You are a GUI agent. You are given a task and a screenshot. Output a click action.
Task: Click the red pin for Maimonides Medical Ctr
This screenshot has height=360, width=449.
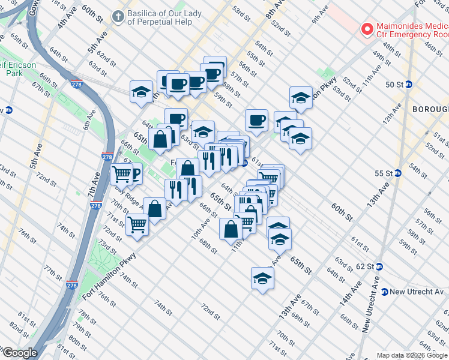(x=365, y=29)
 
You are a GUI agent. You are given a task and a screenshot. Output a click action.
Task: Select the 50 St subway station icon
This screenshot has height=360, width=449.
(x=409, y=85)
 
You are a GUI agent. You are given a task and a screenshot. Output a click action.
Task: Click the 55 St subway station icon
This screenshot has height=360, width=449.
(x=397, y=173)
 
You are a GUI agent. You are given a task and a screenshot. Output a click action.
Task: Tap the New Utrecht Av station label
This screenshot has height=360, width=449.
(x=419, y=292)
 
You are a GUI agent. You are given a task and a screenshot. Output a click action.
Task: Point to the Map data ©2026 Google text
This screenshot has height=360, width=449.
(x=412, y=355)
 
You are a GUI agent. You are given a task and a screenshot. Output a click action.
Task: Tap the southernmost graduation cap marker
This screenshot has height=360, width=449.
(x=262, y=278)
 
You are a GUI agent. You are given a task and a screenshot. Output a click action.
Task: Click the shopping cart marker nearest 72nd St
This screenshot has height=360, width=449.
(x=137, y=225)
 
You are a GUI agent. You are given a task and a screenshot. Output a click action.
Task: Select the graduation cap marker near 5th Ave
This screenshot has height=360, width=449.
(x=141, y=92)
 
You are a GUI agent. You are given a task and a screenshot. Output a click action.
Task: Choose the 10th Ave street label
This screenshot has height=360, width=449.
(x=200, y=229)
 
